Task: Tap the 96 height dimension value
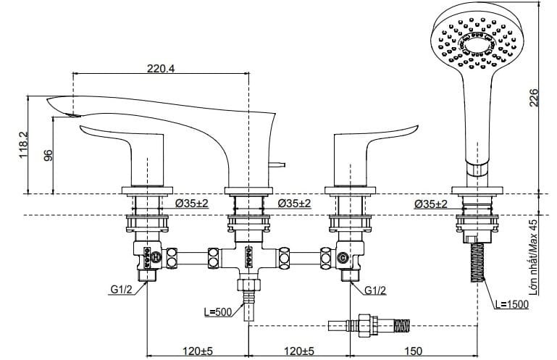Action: [x=49, y=155]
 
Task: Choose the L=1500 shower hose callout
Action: [x=511, y=304]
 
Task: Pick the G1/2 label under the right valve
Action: [x=374, y=290]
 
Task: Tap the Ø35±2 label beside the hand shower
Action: [x=430, y=204]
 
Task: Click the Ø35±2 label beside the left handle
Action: [x=191, y=204]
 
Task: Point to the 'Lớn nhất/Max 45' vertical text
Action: [x=534, y=258]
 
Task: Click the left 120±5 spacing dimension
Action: [x=192, y=351]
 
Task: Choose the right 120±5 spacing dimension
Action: [x=299, y=351]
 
